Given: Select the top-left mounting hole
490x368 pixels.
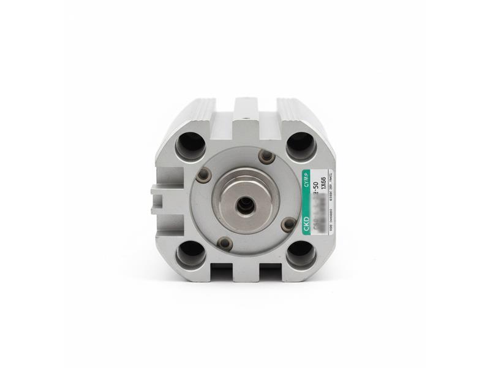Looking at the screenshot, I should coord(190,147).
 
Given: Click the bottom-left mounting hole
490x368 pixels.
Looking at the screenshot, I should coord(191,253).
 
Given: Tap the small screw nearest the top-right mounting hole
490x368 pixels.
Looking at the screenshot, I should coord(266,156).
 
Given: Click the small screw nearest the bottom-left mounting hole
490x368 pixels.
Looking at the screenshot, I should coord(225,243).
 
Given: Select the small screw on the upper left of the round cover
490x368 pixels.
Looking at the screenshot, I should coord(204,175).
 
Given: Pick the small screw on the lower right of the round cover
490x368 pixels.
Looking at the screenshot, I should coord(288,224).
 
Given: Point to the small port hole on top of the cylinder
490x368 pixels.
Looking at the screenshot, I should coord(246,112).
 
